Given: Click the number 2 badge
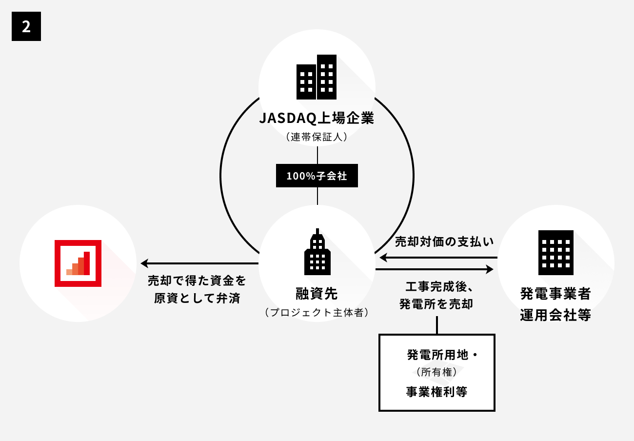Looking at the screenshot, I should coord(26,26).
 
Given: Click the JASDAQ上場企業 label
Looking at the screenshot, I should coord(317,119).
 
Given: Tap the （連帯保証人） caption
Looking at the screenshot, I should coord(317,138).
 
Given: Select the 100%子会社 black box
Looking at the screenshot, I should coord(317,176).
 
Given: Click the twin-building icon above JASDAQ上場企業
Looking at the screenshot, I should coord(317,77).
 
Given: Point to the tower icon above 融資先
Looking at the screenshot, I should coord(317,252).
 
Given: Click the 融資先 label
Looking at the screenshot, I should coord(317,294).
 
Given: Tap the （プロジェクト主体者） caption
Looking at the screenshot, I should coord(317,313).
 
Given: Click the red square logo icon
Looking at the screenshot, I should coord(78,263).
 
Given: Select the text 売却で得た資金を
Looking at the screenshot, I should coord(197,281).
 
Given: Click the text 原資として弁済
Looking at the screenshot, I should coord(197,299).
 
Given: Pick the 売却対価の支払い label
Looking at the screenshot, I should coord(444,241).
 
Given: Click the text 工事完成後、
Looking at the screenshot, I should coord(436,285).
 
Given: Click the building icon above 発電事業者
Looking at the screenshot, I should coord(556,253).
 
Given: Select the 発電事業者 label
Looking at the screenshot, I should coord(556,294).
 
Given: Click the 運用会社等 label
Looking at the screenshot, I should coord(556,316).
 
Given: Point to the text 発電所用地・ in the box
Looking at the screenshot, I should coord(441,355).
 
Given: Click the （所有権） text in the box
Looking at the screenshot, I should coord(436,373).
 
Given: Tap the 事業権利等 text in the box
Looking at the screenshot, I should coord(436,392).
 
